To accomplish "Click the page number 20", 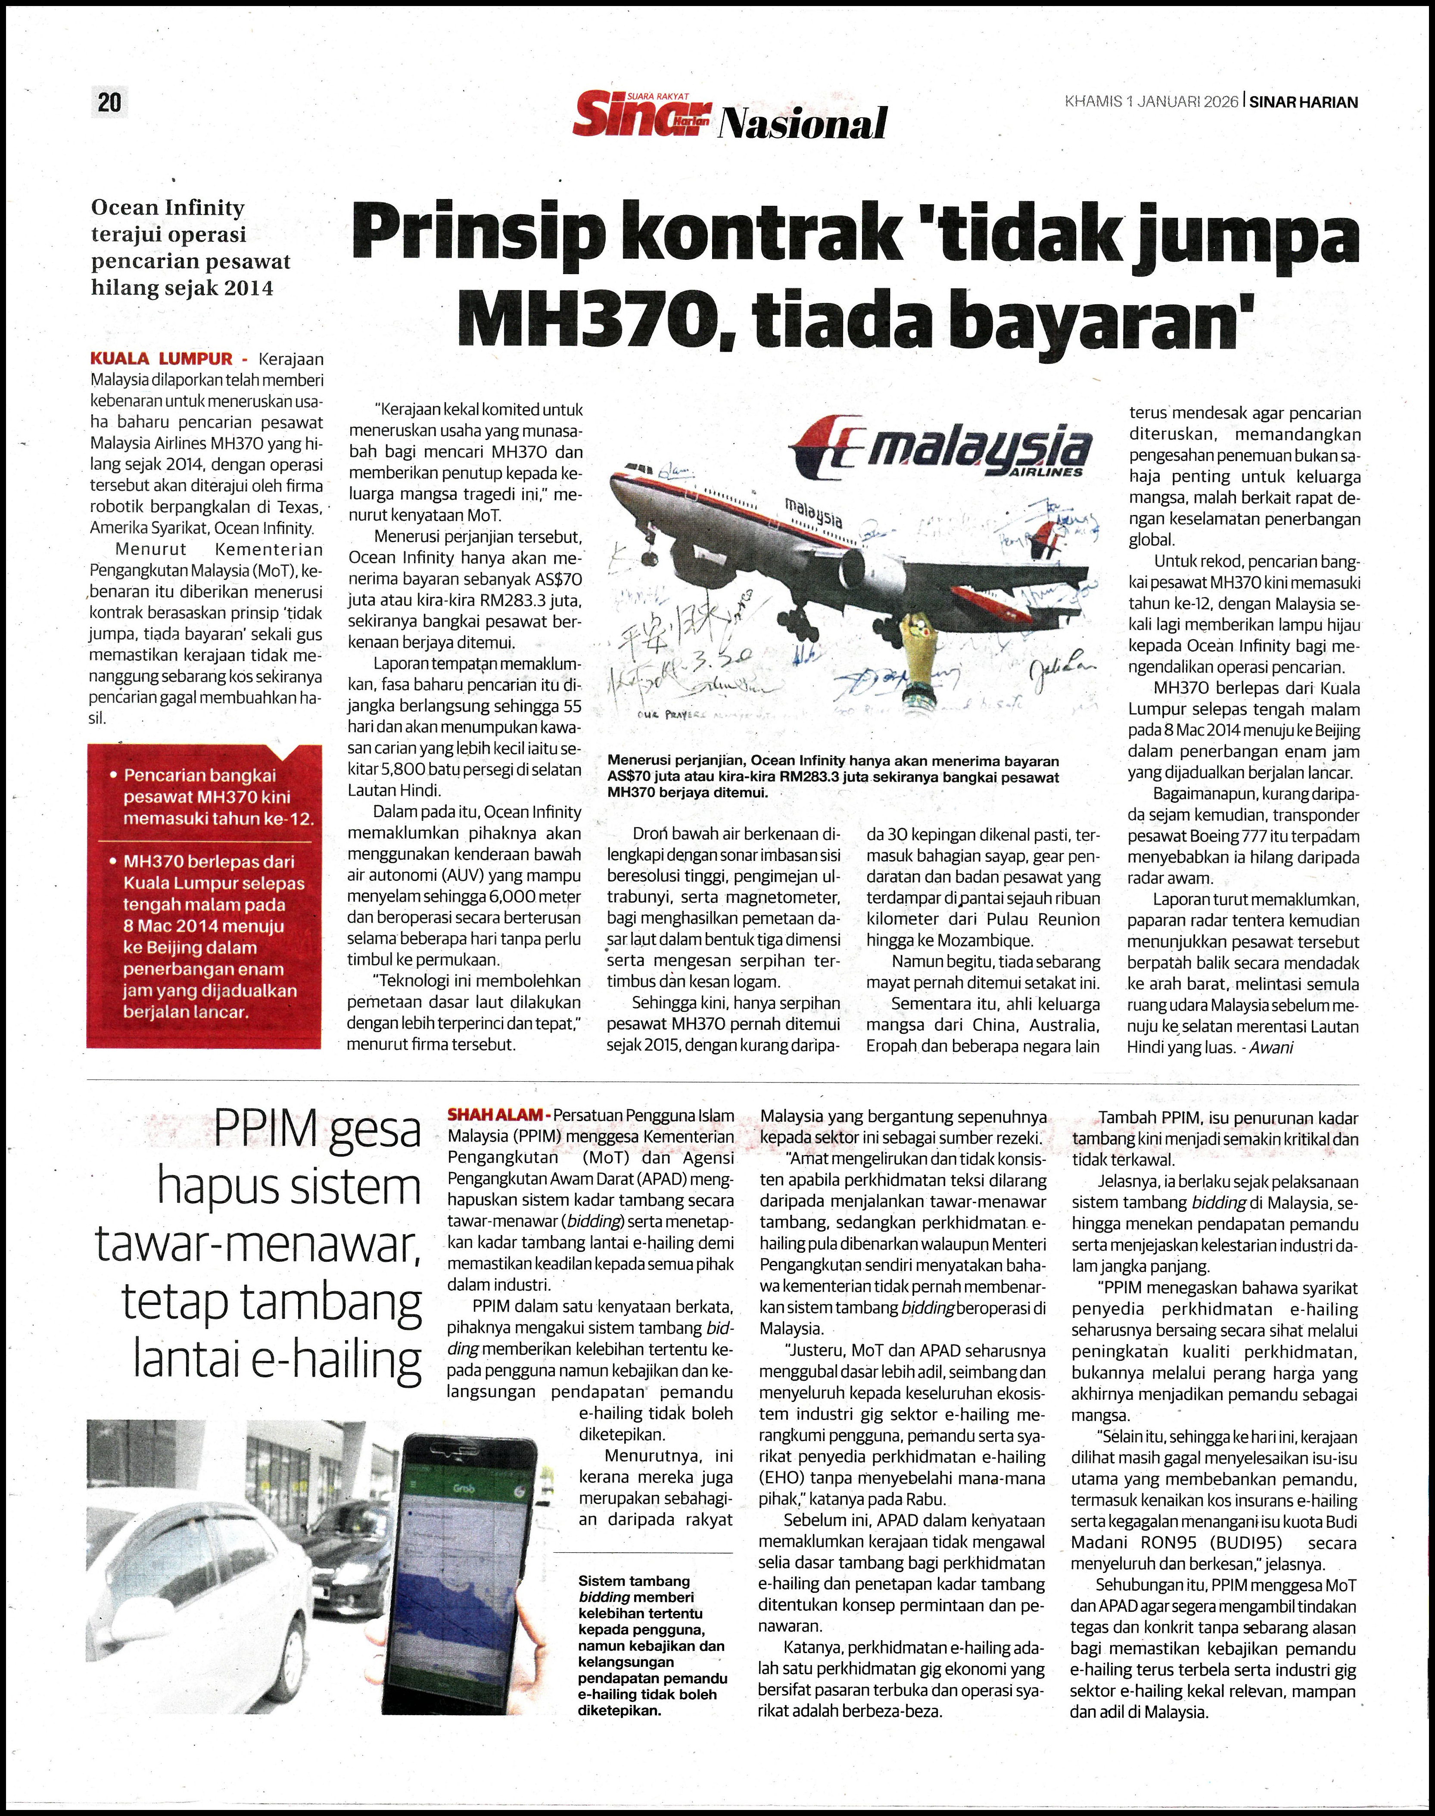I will click(109, 103).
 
